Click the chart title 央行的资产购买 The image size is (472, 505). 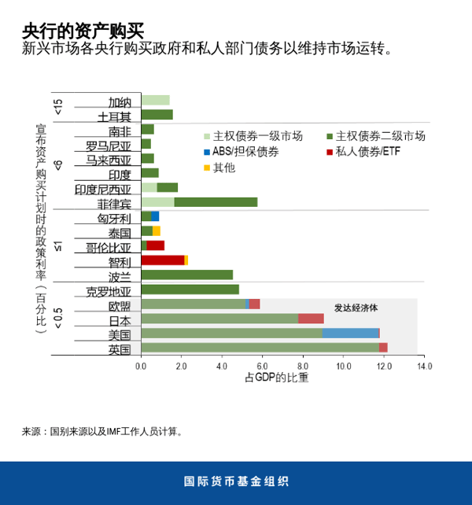(83, 30)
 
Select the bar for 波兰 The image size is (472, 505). (186, 275)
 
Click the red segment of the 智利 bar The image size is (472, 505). (162, 260)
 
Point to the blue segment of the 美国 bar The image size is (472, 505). (350, 333)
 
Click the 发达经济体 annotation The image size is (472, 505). (356, 308)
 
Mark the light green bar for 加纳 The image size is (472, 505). (155, 100)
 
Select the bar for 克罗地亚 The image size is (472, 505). (190, 289)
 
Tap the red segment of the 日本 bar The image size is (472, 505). (311, 319)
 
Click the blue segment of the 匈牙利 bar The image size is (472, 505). (155, 216)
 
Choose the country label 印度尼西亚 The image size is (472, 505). (103, 189)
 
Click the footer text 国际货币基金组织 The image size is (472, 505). (236, 481)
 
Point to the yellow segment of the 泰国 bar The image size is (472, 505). (157, 230)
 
